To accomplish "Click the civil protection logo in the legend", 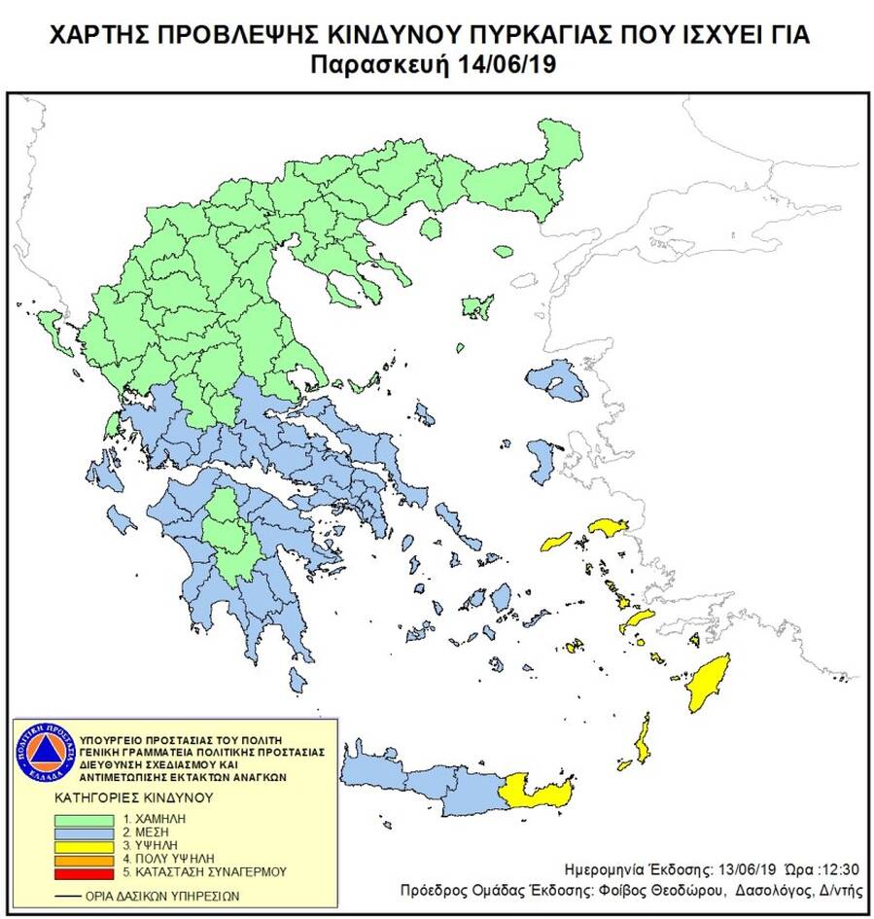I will pyautogui.click(x=43, y=754).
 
